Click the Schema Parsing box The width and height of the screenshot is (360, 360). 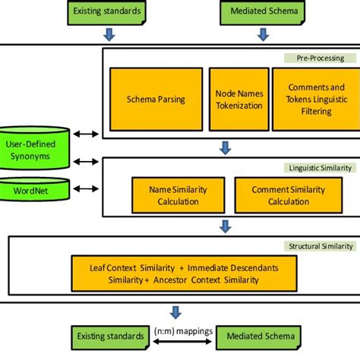[156, 99]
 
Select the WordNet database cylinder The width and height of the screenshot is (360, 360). [35, 190]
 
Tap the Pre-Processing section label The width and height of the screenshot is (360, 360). [319, 58]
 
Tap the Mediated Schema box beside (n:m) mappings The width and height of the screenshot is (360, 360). [257, 336]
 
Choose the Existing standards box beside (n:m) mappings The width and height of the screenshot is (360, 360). [109, 336]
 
